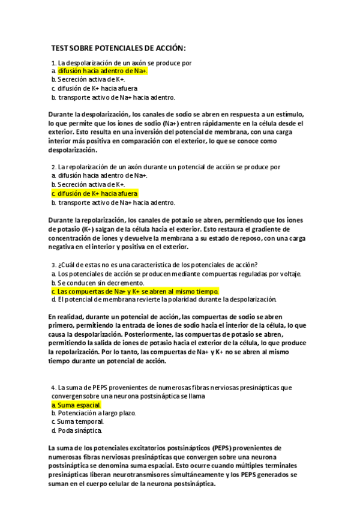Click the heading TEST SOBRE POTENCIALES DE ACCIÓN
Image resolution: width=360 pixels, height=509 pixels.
[118, 48]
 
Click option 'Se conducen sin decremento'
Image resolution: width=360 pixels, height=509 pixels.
[95, 283]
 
